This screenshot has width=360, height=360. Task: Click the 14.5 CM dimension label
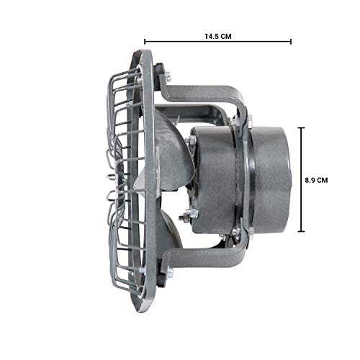click(x=218, y=37)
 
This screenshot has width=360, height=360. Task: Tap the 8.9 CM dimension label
click(x=316, y=181)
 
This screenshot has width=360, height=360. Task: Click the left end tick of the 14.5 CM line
click(x=145, y=42)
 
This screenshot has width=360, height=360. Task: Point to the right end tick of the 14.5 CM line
click(x=291, y=42)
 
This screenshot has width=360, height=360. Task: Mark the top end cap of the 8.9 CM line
click(x=301, y=128)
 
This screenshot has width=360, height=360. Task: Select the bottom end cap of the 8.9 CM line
click(x=301, y=231)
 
